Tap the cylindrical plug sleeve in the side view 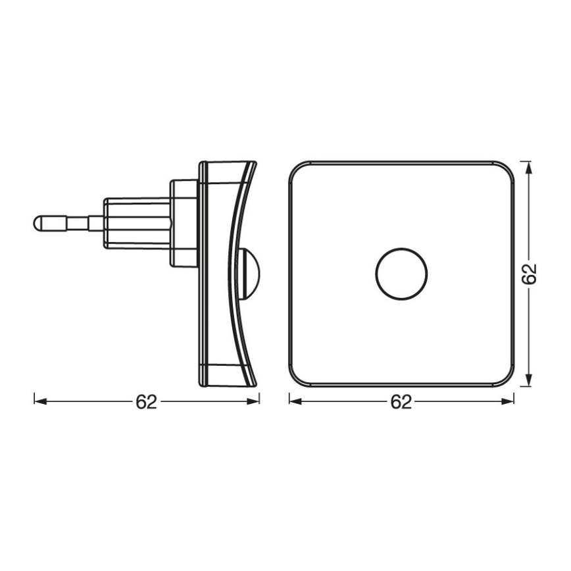pos(135,222)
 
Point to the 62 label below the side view pos(146,401)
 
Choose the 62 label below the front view pos(401,401)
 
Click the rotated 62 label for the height pos(530,273)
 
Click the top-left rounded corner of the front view pos(297,168)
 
